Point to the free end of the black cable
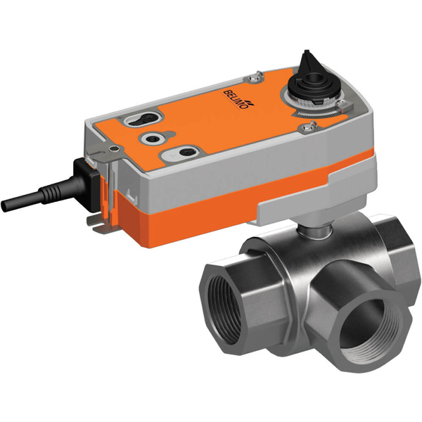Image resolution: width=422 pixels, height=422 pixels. [6, 205]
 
